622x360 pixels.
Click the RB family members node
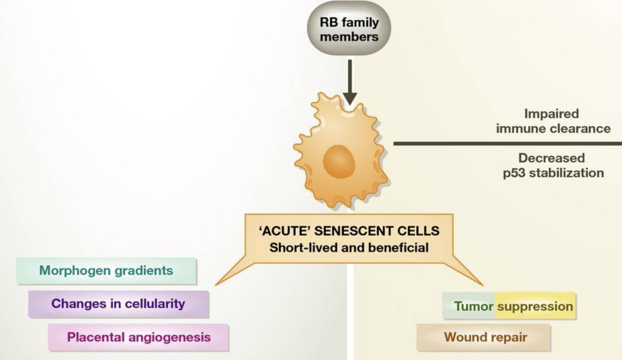click(349, 29)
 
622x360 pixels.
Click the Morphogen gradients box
click(106, 271)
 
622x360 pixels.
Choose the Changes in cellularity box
click(118, 304)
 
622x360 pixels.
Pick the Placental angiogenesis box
click(138, 337)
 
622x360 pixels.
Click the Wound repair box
click(485, 337)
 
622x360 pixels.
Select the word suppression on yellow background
click(535, 306)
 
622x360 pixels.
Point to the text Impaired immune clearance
click(553, 121)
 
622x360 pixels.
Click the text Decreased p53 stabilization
click(553, 165)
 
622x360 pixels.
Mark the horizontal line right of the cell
click(507, 143)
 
